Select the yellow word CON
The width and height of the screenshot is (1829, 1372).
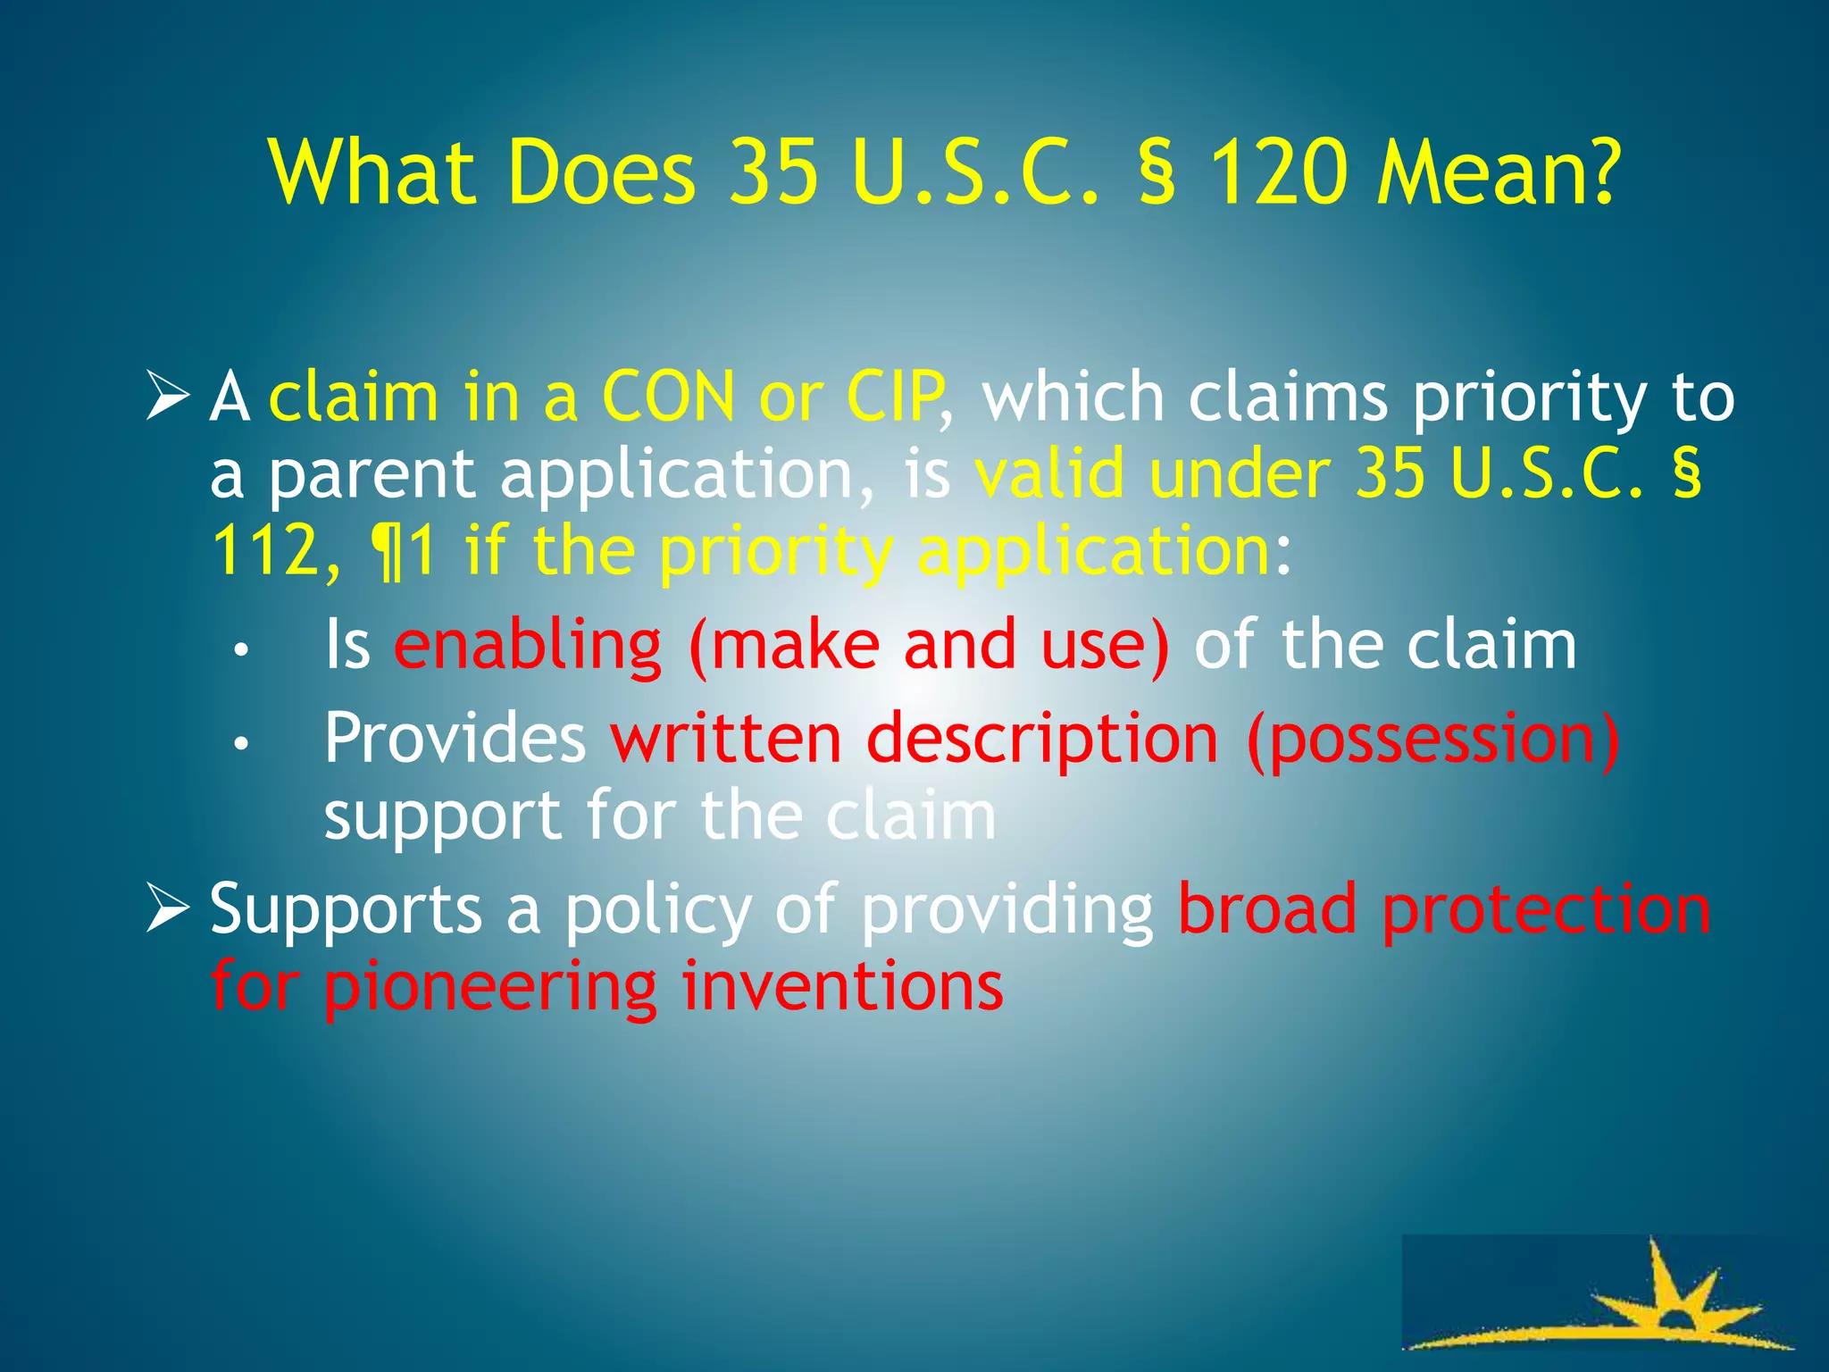click(668, 397)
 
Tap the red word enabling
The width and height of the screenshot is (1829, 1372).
click(528, 645)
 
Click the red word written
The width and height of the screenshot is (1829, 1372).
click(726, 739)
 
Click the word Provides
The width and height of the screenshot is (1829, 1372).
click(455, 739)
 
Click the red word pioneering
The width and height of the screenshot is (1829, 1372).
click(490, 988)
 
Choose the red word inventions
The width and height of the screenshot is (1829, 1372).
click(842, 986)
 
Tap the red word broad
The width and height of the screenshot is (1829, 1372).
click(1267, 909)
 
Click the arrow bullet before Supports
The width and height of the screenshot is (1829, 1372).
click(168, 908)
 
